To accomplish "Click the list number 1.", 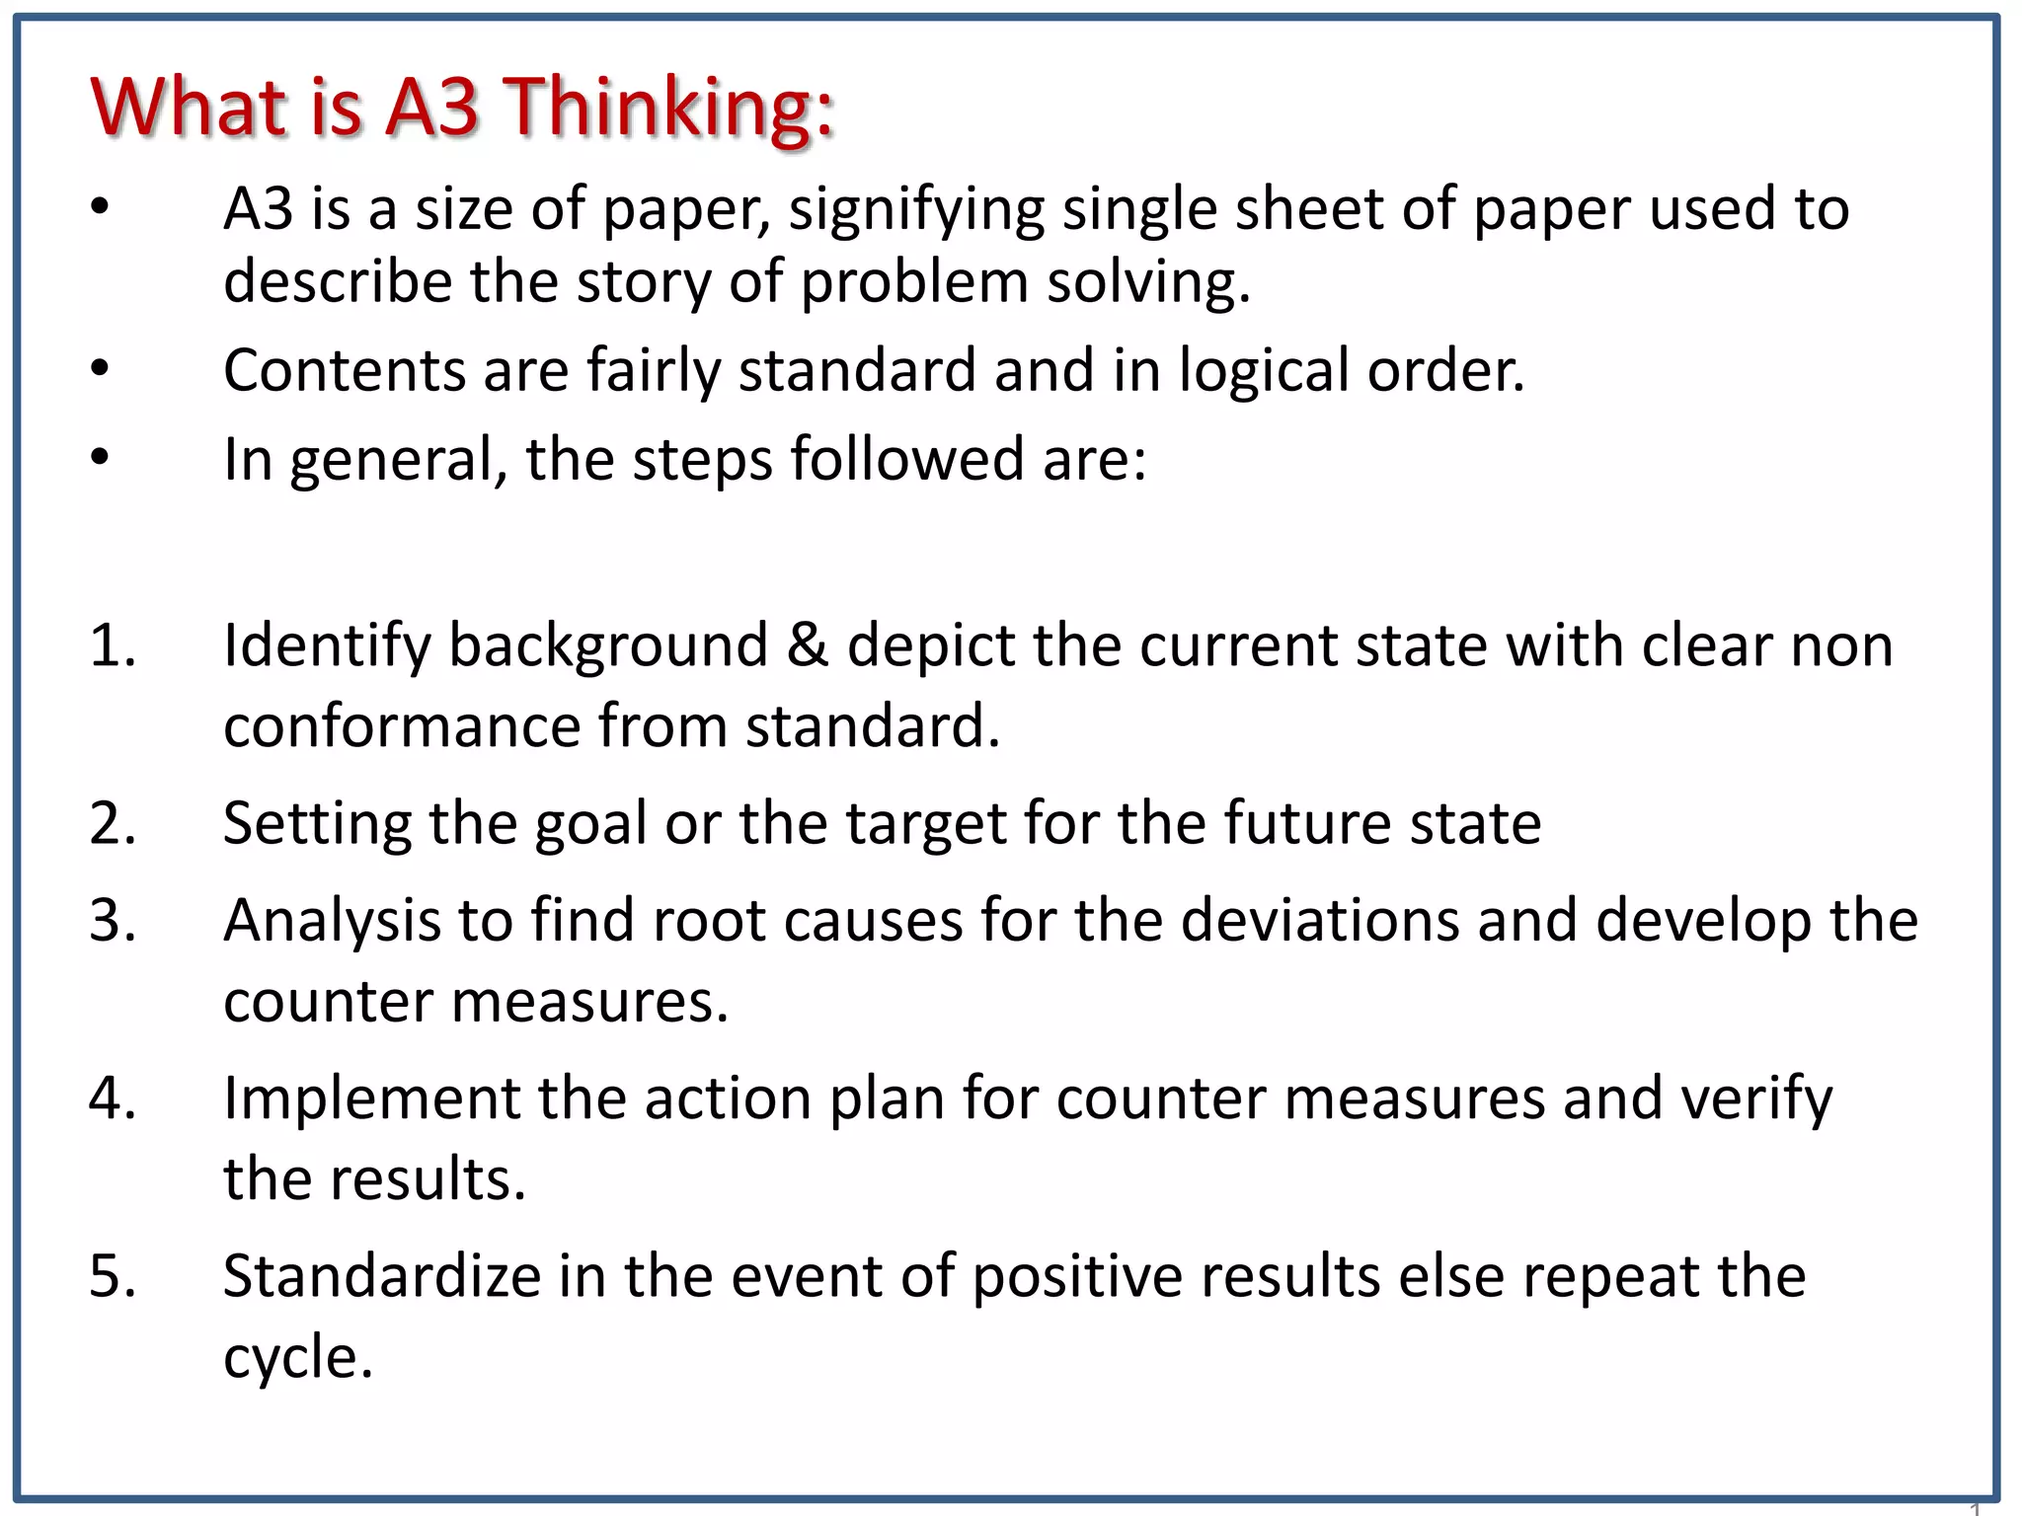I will pyautogui.click(x=111, y=645).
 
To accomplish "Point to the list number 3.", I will pyautogui.click(x=112, y=920).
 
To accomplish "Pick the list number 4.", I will pyautogui.click(x=112, y=1098).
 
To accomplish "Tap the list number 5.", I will pyautogui.click(x=112, y=1275).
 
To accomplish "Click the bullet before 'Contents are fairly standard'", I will pyautogui.click(x=100, y=369).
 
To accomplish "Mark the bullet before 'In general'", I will pyautogui.click(x=100, y=458).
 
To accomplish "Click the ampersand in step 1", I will pyautogui.click(x=808, y=645).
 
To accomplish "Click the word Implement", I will pyautogui.click(x=370, y=1099).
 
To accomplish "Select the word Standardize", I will pyautogui.click(x=381, y=1275).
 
